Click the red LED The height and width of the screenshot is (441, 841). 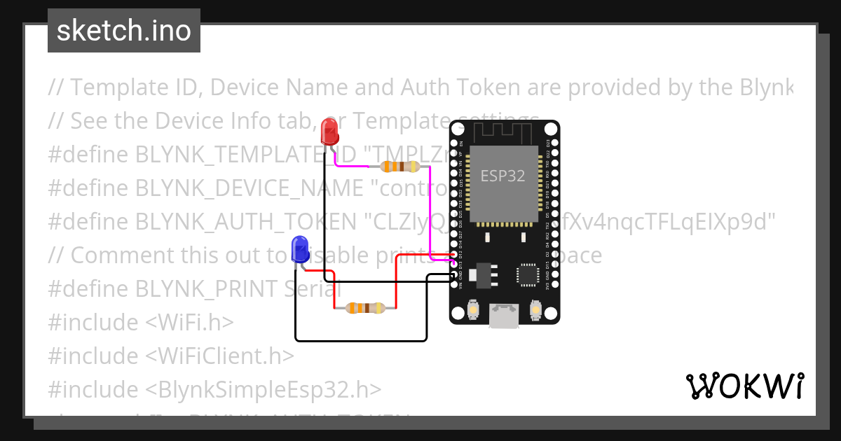point(329,132)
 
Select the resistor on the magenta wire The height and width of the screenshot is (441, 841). point(399,167)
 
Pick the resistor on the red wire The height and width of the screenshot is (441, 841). point(365,307)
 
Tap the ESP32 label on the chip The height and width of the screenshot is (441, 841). point(502,176)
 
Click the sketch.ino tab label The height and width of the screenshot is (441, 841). point(124,31)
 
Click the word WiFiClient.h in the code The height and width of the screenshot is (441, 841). point(219,356)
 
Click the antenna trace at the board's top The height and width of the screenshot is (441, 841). point(503,131)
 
